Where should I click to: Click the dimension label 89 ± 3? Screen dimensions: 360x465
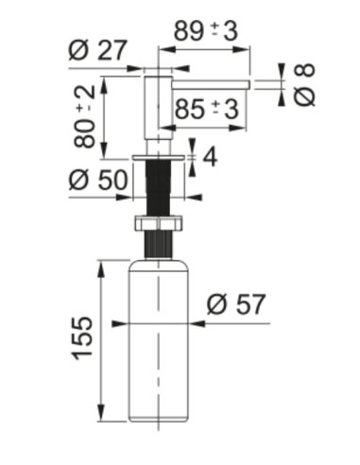point(206,31)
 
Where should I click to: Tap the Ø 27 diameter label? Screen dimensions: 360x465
point(97,50)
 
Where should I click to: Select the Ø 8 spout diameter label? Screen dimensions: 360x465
point(304,84)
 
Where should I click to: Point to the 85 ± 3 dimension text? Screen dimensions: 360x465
point(206,110)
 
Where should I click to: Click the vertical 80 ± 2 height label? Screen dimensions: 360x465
point(84,117)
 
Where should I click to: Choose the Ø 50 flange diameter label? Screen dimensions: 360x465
point(98,180)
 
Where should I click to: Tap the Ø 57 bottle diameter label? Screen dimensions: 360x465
point(236,304)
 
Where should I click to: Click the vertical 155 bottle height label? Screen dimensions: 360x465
point(83,338)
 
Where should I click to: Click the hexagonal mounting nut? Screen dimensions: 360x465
point(159,223)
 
